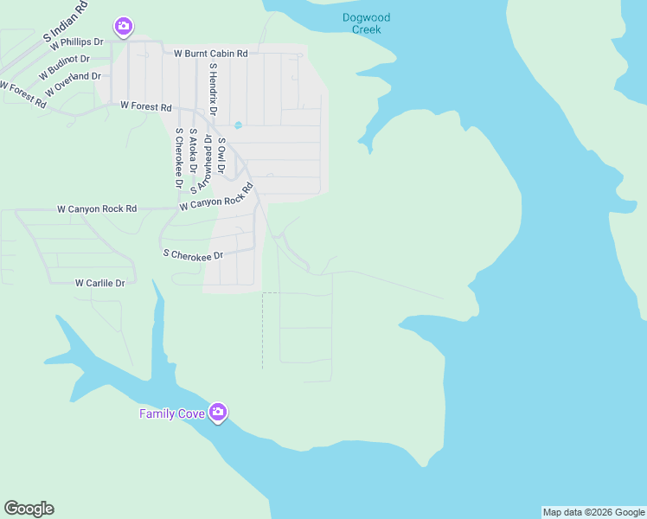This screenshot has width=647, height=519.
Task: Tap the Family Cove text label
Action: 172,413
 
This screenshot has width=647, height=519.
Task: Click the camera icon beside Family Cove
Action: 218,413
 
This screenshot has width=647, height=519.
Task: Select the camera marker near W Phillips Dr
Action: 124,27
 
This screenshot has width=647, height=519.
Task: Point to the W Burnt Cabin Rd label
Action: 211,54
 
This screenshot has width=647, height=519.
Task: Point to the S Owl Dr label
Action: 221,156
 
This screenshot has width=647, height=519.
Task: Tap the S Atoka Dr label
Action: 193,151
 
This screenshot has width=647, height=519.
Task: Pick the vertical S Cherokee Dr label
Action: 179,158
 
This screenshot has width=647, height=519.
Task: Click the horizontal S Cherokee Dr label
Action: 194,255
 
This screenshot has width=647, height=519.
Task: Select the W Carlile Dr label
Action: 100,283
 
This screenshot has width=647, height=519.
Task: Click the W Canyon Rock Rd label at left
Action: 97,209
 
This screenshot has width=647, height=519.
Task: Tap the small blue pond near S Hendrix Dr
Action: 238,125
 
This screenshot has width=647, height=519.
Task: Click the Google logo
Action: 29,509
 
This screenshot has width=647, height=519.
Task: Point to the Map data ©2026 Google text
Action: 593,512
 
